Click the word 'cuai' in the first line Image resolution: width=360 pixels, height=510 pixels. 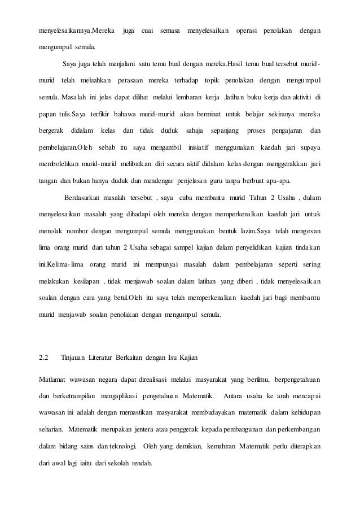coord(148,29)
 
